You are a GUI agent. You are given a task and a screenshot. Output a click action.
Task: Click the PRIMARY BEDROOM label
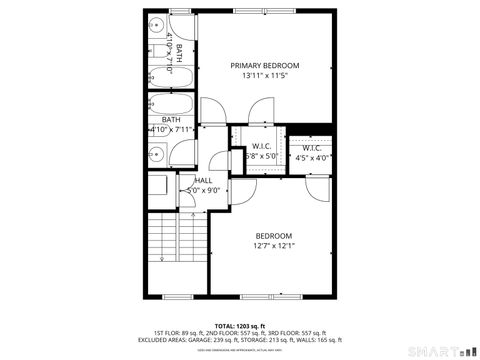(x=265, y=65)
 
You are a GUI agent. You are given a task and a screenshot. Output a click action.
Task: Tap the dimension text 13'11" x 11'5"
(x=265, y=76)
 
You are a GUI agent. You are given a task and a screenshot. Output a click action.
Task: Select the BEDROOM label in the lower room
(x=272, y=236)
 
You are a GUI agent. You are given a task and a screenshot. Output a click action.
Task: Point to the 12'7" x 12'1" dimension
(x=272, y=247)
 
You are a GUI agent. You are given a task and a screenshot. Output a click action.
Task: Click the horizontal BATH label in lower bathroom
(x=158, y=120)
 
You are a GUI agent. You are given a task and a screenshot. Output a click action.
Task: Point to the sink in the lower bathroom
(x=158, y=154)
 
